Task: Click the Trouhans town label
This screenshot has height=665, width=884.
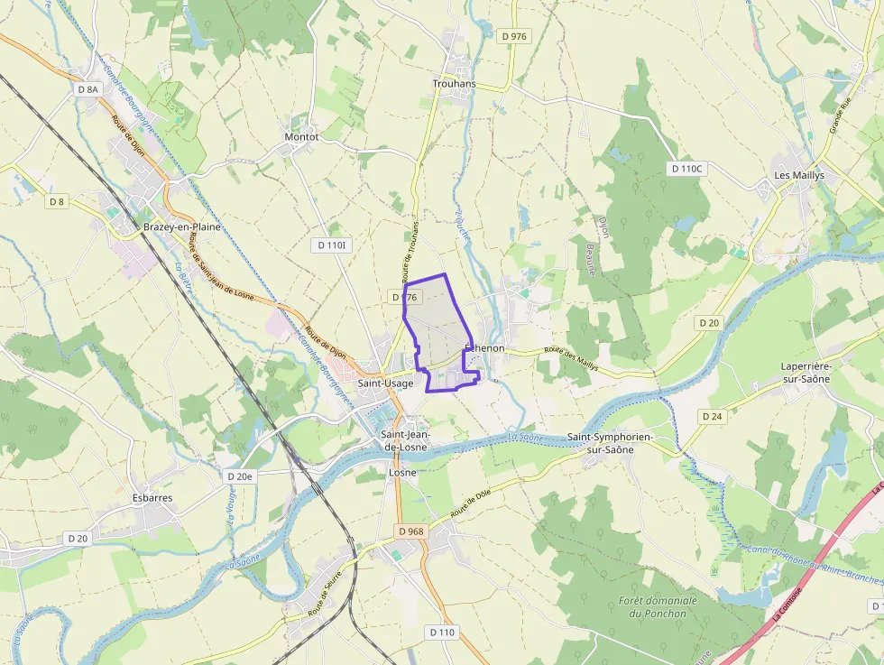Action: tap(454, 84)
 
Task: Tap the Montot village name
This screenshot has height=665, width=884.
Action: tap(301, 137)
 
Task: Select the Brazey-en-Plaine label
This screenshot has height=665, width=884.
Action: tap(181, 226)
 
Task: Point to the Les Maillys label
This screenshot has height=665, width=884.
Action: tap(799, 175)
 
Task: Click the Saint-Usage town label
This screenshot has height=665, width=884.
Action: tap(385, 383)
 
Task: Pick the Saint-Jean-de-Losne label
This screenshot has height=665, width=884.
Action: tap(407, 440)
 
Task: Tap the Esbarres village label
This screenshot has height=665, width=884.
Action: tap(152, 497)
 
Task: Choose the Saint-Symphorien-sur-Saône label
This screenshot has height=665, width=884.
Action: tap(611, 443)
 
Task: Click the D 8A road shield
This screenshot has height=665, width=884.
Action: tap(87, 89)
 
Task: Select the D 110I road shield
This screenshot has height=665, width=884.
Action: tap(333, 245)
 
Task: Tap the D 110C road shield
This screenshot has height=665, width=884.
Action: tap(686, 169)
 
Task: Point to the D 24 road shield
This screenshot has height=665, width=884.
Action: tap(712, 416)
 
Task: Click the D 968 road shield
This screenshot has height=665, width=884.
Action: tap(410, 531)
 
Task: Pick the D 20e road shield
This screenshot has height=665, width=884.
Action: tap(241, 476)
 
